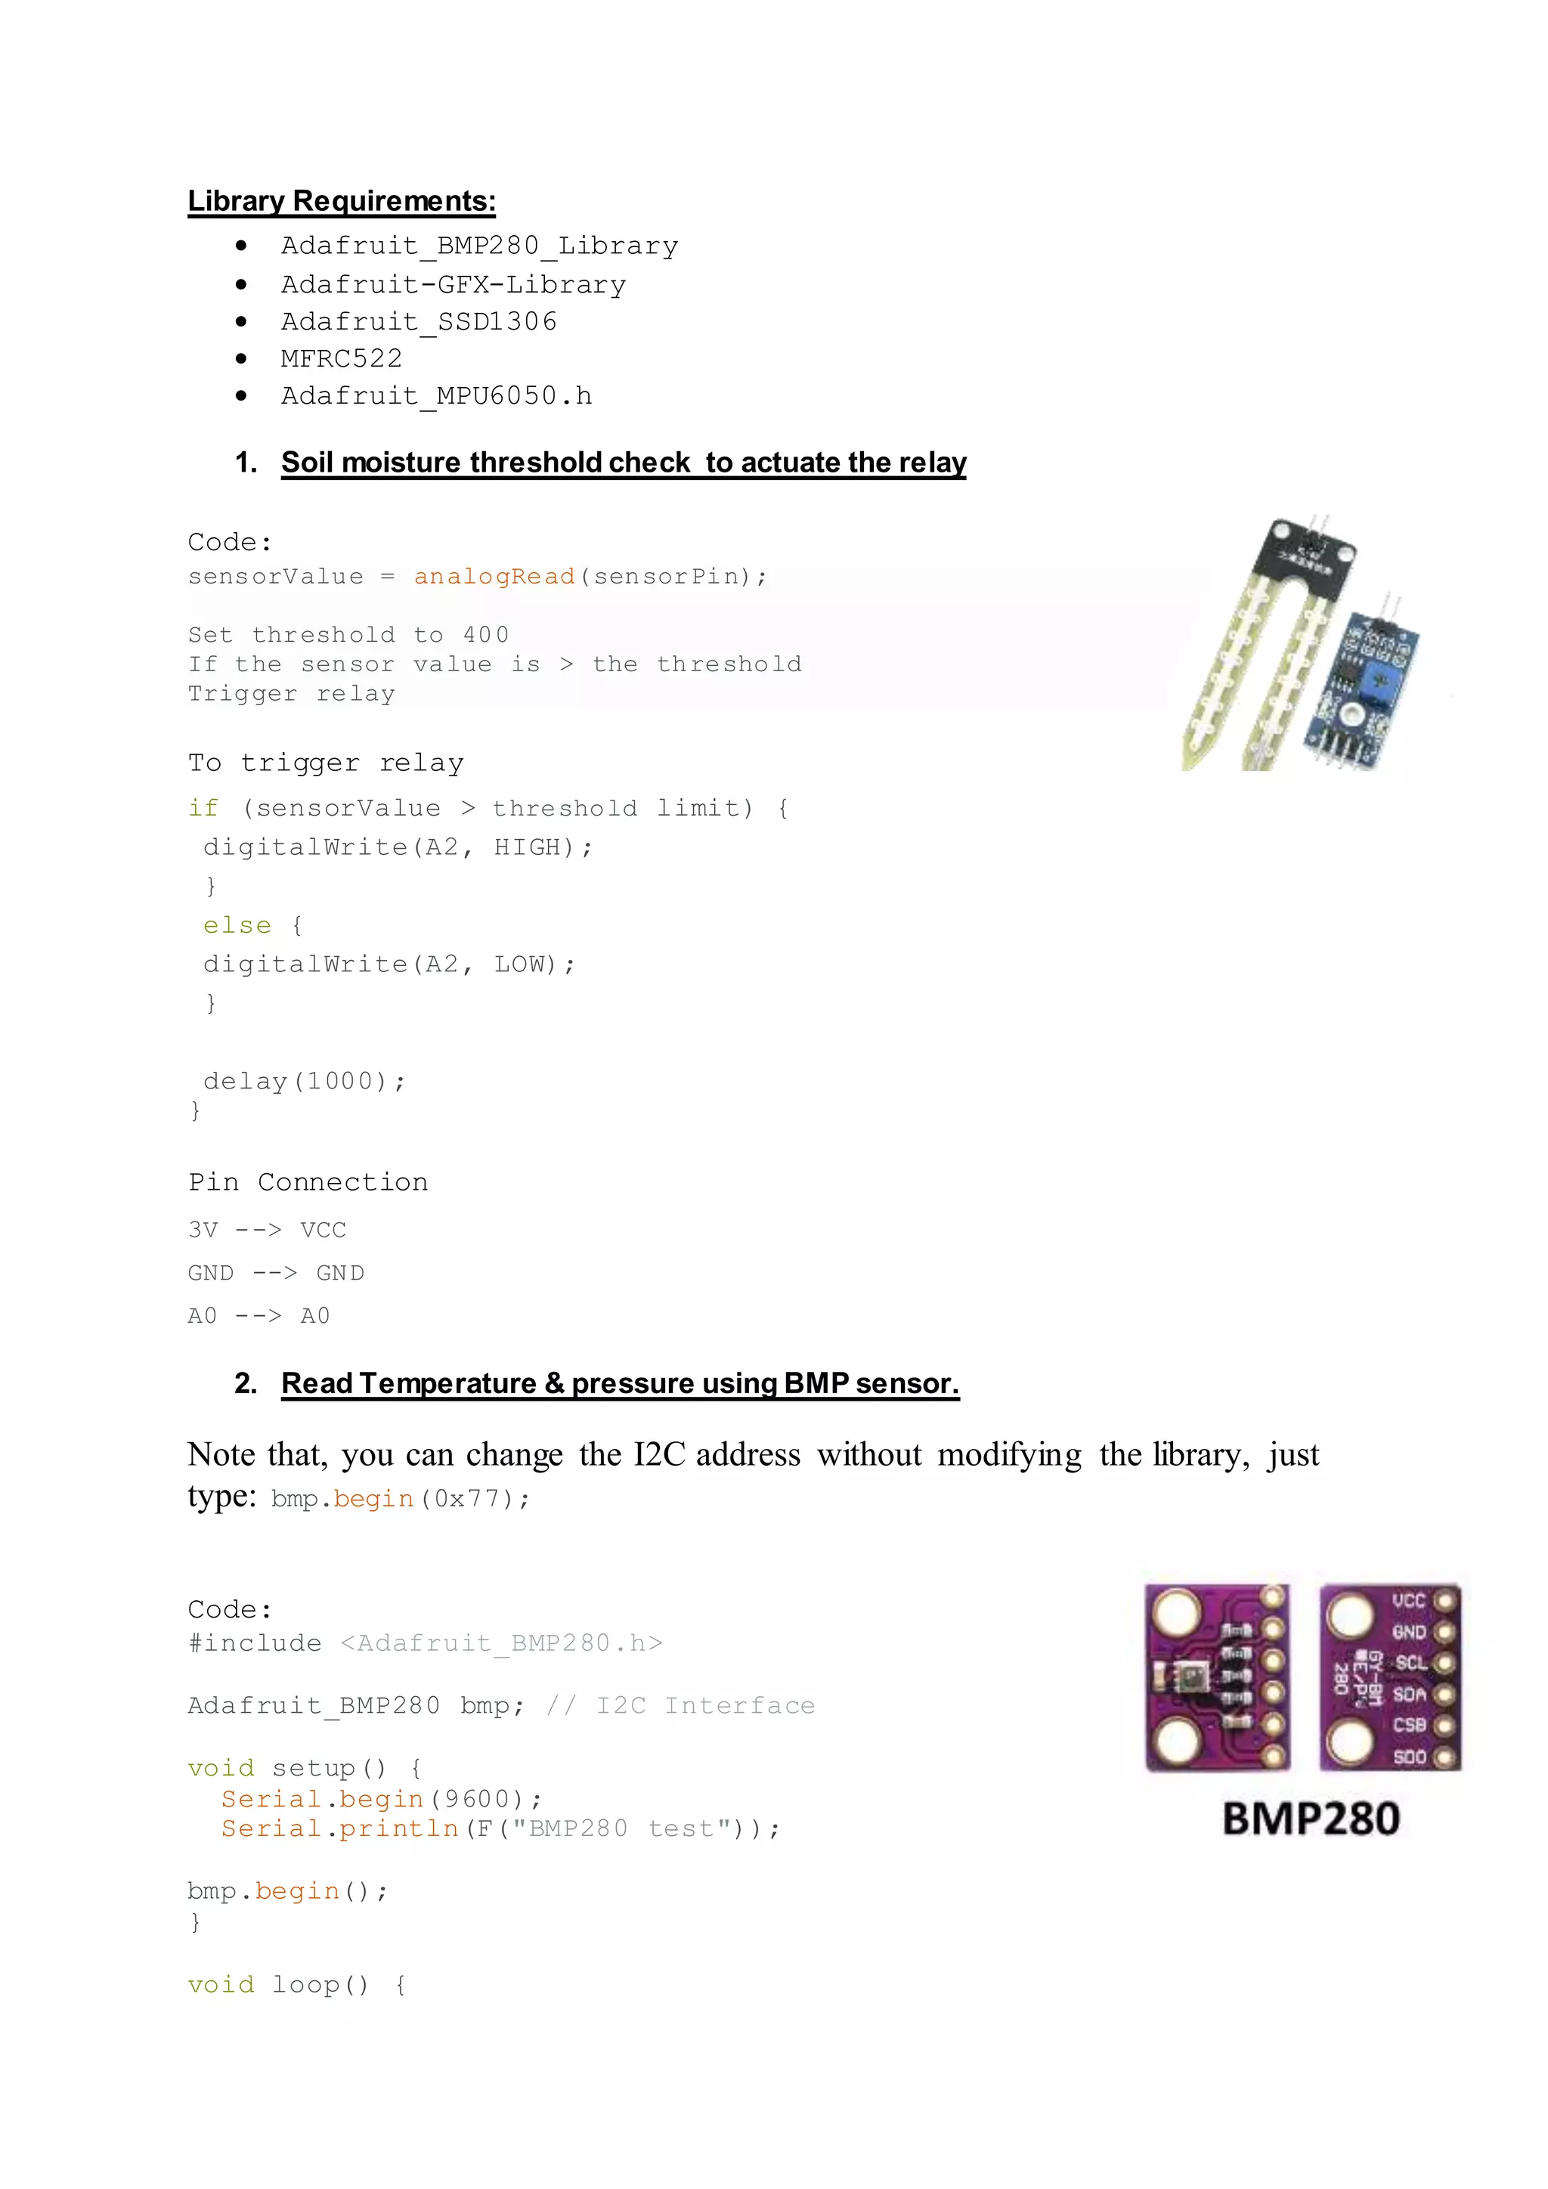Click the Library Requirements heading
(341, 201)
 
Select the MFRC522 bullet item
(341, 358)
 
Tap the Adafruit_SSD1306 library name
(419, 321)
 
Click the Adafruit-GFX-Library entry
(453, 284)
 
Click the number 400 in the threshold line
(486, 635)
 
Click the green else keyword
(237, 924)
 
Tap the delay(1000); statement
(304, 1080)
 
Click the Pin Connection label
(308, 1181)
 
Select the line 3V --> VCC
(267, 1229)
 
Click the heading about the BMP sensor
(620, 1382)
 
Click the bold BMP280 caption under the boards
(1311, 1818)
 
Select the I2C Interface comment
(705, 1706)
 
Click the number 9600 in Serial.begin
(477, 1798)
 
